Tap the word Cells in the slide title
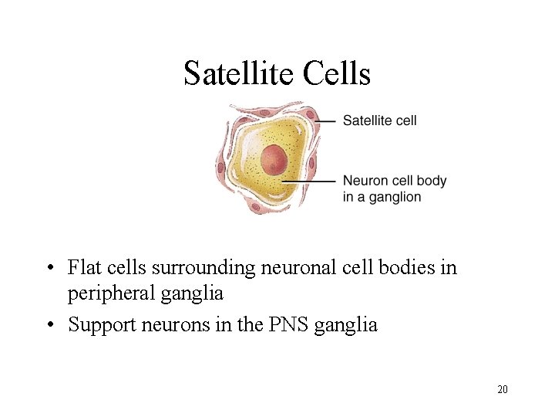click(x=337, y=73)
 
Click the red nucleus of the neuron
click(x=274, y=161)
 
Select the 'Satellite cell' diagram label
click(x=379, y=120)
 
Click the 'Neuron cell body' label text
click(x=394, y=181)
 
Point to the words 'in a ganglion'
click(x=382, y=197)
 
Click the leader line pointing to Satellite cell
click(x=326, y=120)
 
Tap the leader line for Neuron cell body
click(x=308, y=181)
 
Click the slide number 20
click(x=502, y=389)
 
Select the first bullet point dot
click(x=49, y=269)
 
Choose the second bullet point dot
click(x=49, y=325)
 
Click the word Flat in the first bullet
click(x=84, y=268)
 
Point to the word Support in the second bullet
click(x=99, y=325)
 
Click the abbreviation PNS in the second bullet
click(x=291, y=324)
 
